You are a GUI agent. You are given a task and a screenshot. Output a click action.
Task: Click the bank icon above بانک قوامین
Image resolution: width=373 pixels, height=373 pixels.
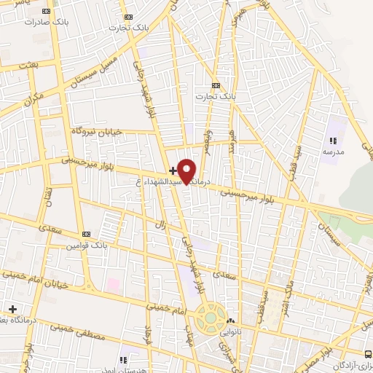click(87, 234)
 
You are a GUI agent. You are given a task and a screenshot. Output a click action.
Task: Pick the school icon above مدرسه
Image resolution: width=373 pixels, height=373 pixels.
click(333, 141)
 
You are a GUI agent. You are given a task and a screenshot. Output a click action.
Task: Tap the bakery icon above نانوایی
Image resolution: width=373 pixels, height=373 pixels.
click(231, 320)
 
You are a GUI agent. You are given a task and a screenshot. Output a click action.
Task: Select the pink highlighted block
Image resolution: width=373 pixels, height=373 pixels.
click(114, 282)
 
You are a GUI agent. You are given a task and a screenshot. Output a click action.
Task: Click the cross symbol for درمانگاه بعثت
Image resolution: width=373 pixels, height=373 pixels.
click(12, 309)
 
